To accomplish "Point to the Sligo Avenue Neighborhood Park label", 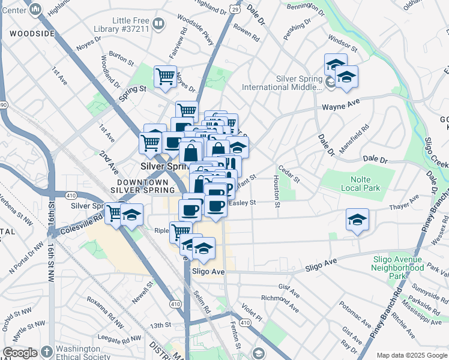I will [x=398, y=266].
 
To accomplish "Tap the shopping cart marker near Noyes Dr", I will [x=164, y=77].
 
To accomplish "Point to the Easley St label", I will [x=242, y=203].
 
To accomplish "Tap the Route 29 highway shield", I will [x=235, y=10].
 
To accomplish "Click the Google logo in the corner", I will [x=19, y=353].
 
